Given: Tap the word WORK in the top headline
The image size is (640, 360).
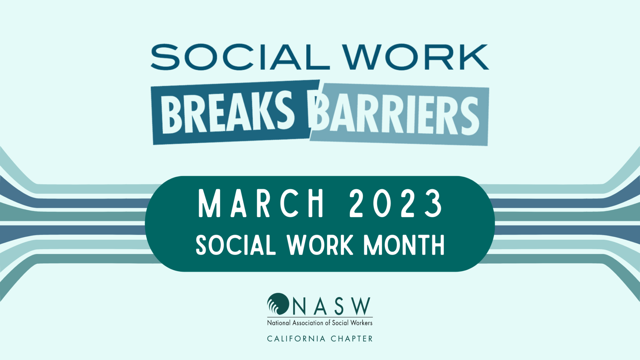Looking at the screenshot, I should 416,57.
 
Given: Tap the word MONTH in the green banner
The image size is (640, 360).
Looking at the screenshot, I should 404,245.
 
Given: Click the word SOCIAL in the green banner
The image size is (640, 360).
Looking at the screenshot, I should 236,245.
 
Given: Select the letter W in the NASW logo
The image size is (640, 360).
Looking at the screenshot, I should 362,306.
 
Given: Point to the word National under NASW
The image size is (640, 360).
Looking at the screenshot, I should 279,323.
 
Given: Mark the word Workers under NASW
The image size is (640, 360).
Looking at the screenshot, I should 361,323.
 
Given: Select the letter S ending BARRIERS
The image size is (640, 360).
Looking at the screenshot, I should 469,116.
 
